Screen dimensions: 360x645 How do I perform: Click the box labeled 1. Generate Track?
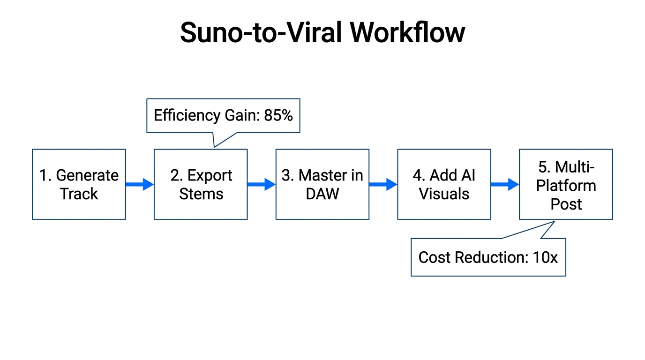tap(79, 184)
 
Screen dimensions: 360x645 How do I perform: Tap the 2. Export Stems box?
tap(201, 184)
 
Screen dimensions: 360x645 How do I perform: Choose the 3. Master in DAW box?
tap(322, 184)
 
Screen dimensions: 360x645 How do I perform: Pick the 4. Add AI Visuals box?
tap(444, 184)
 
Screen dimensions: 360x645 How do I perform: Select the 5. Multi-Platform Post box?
tap(566, 184)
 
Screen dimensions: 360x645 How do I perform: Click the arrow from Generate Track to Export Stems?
tap(140, 184)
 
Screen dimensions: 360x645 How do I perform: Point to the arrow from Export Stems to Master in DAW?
tap(262, 184)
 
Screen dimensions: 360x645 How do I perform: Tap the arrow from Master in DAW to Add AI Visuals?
tap(383, 184)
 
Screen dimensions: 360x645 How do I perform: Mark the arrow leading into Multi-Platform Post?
tap(505, 184)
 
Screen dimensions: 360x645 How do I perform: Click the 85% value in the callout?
tap(278, 116)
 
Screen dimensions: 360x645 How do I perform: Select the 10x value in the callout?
tap(545, 257)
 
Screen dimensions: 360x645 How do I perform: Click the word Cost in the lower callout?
tap(434, 257)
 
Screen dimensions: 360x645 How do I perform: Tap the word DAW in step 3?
tap(322, 194)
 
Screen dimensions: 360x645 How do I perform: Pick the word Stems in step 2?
tap(201, 194)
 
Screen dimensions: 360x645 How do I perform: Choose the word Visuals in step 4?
tap(444, 194)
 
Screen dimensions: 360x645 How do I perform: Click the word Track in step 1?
tap(79, 194)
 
